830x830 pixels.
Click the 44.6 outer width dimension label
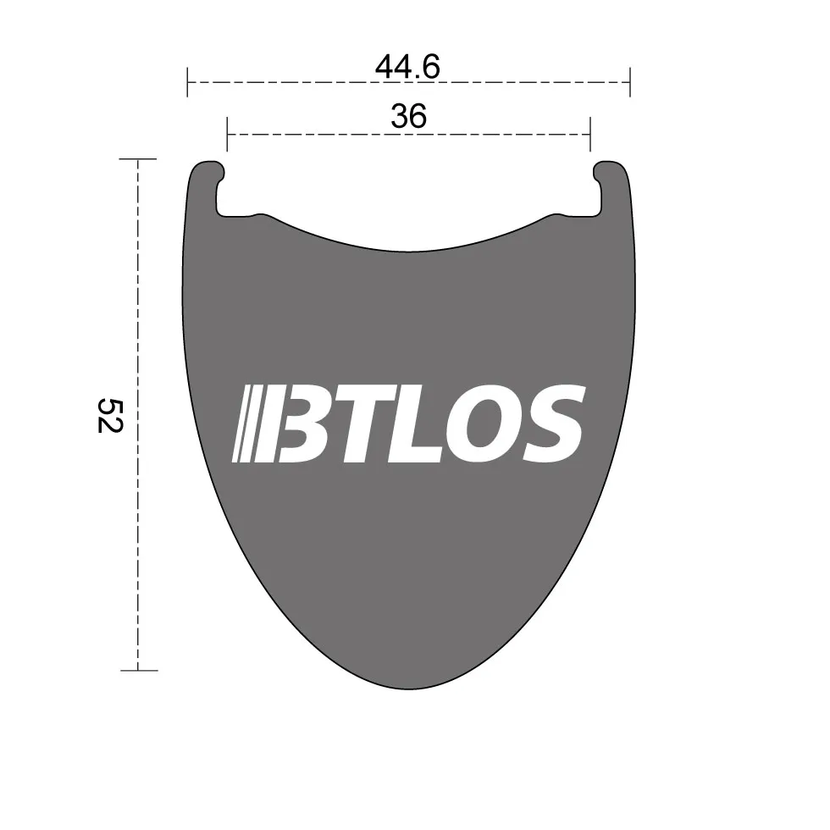(407, 67)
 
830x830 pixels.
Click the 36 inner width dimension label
(408, 117)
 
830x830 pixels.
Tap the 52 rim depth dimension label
(110, 416)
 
